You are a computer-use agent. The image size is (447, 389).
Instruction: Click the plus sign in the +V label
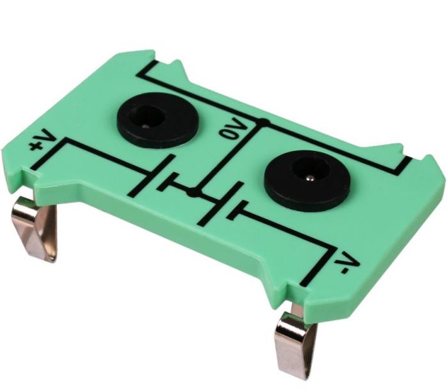click(x=36, y=147)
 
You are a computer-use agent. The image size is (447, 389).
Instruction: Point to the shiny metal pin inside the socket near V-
click(x=309, y=179)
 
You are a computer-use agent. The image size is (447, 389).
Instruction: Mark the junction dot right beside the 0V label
click(x=264, y=122)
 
